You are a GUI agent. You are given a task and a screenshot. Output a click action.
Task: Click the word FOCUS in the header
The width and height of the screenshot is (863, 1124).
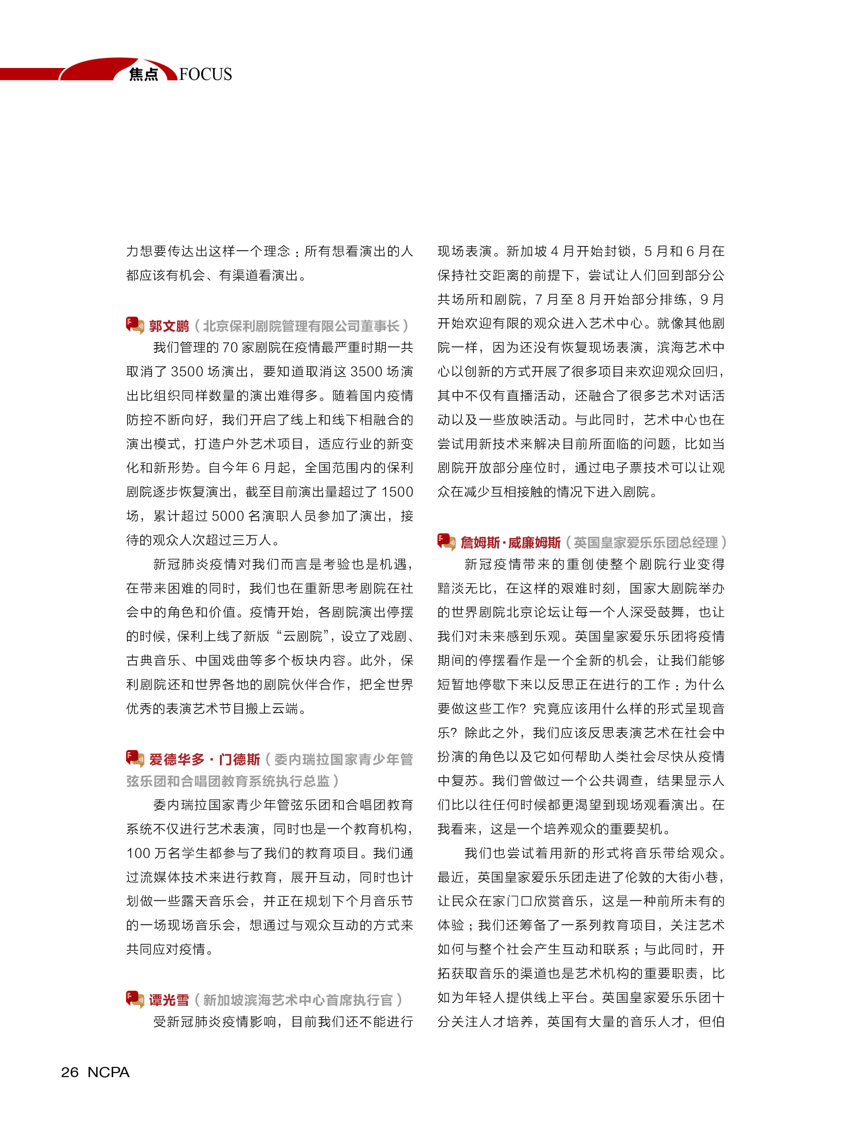coord(206,74)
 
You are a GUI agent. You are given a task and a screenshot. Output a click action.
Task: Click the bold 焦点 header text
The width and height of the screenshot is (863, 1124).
coord(143,75)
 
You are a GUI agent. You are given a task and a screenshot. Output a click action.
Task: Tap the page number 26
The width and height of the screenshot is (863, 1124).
coord(70,1072)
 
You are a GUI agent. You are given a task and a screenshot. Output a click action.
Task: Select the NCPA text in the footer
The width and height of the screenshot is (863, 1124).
coord(108,1072)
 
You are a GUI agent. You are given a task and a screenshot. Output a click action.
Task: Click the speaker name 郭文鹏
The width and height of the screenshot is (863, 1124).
coord(169,326)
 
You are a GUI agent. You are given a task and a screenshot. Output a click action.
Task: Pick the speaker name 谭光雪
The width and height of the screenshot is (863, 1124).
coord(169,1000)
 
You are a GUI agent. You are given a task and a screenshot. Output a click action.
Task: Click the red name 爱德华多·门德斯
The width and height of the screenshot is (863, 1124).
coord(205,759)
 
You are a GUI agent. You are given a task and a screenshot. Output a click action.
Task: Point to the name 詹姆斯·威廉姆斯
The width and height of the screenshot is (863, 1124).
coord(510,542)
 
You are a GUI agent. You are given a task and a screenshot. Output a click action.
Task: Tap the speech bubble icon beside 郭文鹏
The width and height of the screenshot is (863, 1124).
coord(135,325)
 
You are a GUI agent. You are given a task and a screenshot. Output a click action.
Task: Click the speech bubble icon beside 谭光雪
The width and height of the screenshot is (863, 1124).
coord(135,999)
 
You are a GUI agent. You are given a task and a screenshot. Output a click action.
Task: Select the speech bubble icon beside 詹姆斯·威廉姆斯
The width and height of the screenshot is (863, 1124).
coord(446,541)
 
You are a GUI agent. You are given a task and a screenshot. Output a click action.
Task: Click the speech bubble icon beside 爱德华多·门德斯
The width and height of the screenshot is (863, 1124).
coord(135,758)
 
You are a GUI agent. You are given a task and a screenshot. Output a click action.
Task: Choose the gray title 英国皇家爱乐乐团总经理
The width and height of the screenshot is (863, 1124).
coord(645,542)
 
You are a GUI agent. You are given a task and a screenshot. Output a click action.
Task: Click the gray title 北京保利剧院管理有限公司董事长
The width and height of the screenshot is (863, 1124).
coord(301,326)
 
